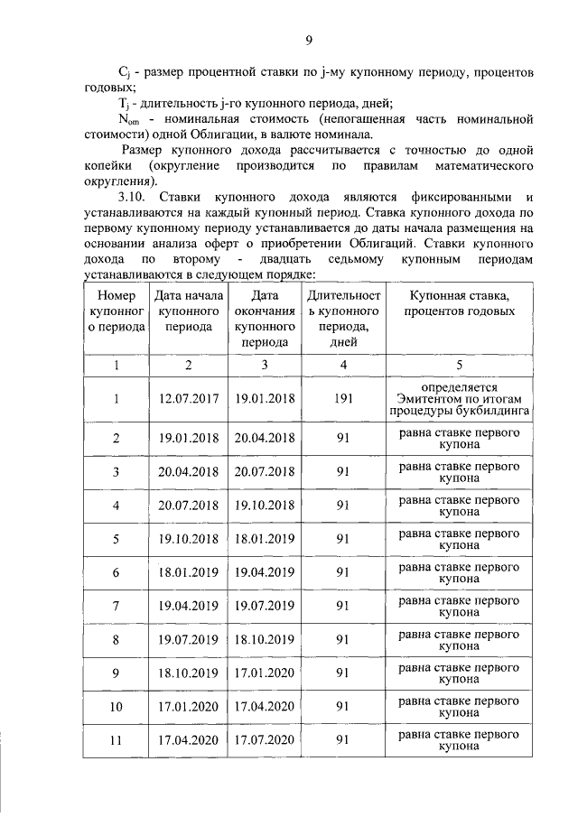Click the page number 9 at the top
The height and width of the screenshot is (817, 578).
pyautogui.click(x=308, y=39)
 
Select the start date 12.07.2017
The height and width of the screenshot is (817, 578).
pyautogui.click(x=188, y=399)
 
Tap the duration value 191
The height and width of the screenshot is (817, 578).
pyautogui.click(x=343, y=399)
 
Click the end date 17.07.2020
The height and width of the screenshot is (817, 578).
pyautogui.click(x=265, y=739)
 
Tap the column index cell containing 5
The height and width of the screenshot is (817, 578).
pyautogui.click(x=460, y=365)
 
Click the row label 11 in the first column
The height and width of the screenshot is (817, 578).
pyautogui.click(x=116, y=739)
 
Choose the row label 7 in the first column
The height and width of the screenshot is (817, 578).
pyautogui.click(x=116, y=605)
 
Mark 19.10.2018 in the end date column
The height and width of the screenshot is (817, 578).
pyautogui.click(x=265, y=505)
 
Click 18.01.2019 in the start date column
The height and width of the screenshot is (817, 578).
pyautogui.click(x=188, y=572)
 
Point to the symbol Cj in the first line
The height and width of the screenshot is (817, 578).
pyautogui.click(x=126, y=70)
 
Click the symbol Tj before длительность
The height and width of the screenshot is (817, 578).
pyautogui.click(x=125, y=104)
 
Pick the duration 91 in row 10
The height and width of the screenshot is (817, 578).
pyautogui.click(x=343, y=706)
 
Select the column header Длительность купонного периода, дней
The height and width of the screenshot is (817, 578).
pyautogui.click(x=343, y=318)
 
